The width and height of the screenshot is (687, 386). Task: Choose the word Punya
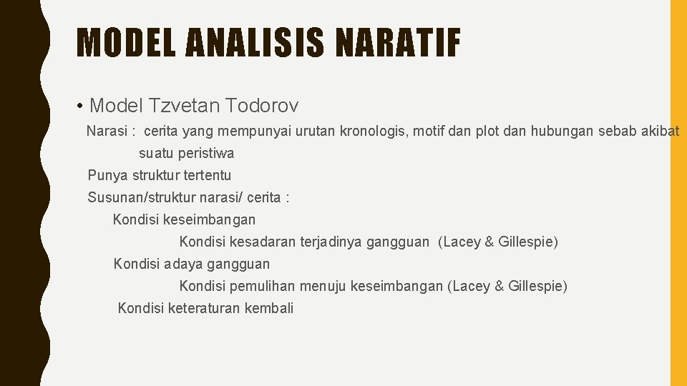coord(104,175)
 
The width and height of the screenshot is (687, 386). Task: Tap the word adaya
coord(183,264)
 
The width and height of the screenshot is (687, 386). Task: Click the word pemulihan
coord(262,286)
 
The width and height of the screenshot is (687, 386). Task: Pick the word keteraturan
coord(204,308)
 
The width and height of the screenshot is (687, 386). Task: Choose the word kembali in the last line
coord(269,308)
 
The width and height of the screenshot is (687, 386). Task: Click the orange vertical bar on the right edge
coord(678,193)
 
